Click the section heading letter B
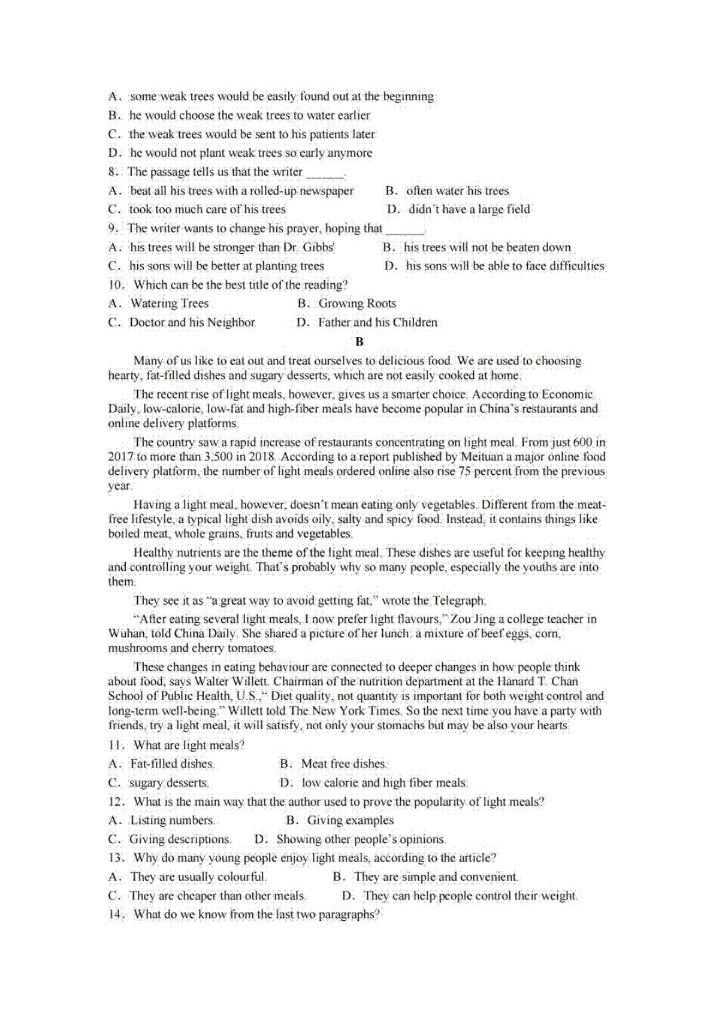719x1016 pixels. [x=359, y=342]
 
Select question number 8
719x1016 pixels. [x=114, y=172]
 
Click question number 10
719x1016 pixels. [x=116, y=285]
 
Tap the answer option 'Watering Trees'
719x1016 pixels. [x=169, y=304]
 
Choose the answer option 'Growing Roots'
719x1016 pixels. [x=357, y=304]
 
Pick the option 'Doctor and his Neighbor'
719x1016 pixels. [x=192, y=323]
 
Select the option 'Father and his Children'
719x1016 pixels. [x=377, y=323]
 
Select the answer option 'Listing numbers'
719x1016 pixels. [x=172, y=821]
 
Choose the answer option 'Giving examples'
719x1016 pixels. [x=350, y=821]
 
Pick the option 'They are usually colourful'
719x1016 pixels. [x=198, y=877]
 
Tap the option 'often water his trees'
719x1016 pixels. [x=457, y=191]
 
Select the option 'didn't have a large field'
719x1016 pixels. [x=469, y=210]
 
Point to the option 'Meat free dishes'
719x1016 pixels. [x=343, y=764]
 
